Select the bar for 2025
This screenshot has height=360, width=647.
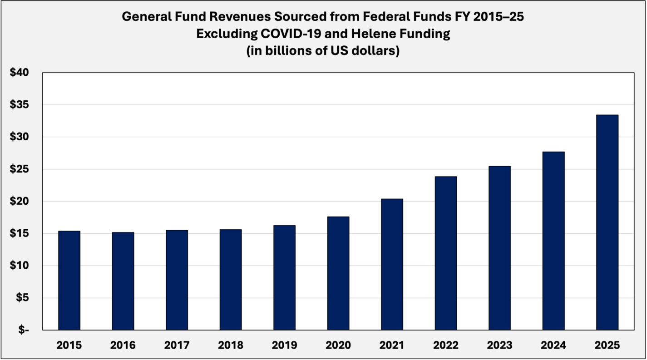pyautogui.click(x=607, y=222)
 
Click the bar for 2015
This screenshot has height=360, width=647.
pyautogui.click(x=69, y=281)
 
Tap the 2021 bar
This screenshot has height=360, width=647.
pyautogui.click(x=392, y=264)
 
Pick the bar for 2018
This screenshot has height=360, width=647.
pyautogui.click(x=231, y=280)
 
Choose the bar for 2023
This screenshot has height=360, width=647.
pyautogui.click(x=499, y=248)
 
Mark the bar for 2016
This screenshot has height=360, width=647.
pyautogui.click(x=123, y=281)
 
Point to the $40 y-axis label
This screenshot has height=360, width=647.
pyautogui.click(x=19, y=73)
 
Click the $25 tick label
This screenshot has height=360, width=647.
pyautogui.click(x=19, y=169)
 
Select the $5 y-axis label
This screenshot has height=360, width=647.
pyautogui.click(x=22, y=298)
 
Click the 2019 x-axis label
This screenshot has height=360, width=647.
pyautogui.click(x=284, y=345)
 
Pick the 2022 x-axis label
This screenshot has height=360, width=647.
pyautogui.click(x=445, y=345)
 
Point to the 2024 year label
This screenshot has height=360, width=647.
pyautogui.click(x=553, y=345)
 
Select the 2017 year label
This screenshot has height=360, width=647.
pyautogui.click(x=177, y=345)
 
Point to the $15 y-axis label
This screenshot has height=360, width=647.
pyautogui.click(x=19, y=234)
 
